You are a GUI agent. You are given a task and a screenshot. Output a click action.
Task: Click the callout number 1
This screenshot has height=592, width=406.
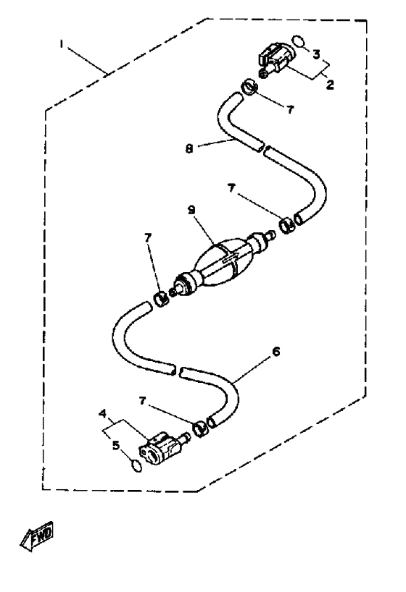62,44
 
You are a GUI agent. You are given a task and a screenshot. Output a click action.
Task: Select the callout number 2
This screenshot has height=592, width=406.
330,85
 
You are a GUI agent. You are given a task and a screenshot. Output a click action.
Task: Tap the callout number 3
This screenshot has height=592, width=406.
316,54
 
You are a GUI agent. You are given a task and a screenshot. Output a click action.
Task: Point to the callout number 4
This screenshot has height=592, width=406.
102,414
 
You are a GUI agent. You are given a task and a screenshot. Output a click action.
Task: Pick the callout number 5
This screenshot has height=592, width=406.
116,446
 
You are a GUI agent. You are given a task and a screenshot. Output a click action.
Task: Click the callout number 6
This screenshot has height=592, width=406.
275,352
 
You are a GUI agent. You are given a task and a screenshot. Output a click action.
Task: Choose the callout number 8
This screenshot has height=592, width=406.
189,149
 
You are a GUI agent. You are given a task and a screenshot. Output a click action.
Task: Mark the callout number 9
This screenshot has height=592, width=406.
191,210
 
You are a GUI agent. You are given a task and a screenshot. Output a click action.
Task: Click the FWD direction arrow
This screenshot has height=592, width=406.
37,537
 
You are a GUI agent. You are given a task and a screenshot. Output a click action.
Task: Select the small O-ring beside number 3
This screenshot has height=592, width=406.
299,41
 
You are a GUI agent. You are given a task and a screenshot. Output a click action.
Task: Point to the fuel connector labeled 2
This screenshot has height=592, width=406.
275,60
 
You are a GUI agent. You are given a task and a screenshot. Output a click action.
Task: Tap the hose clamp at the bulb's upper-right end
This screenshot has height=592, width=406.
288,225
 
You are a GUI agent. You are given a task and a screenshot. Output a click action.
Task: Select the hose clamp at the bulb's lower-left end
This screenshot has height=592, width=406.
161,300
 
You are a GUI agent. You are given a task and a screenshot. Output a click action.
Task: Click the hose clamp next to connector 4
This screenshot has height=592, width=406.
201,429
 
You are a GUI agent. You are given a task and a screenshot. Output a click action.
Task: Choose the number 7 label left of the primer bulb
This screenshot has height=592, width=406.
148,238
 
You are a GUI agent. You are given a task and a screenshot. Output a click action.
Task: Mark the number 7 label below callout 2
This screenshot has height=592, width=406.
290,109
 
